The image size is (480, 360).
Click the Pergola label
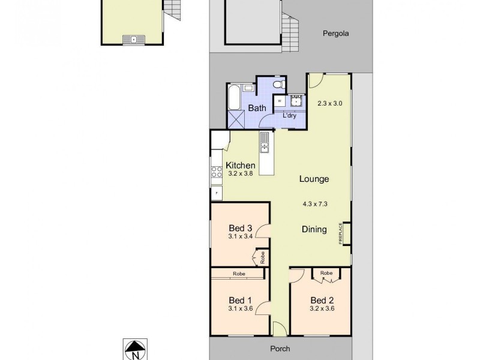pos(334,34)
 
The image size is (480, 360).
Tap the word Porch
pos(280,349)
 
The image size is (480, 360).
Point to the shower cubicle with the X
pos(235,119)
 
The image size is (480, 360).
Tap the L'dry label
pos(289,115)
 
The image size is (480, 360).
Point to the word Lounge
pos(314,179)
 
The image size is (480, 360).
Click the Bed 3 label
pos(240,228)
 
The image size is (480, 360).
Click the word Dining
pos(314,229)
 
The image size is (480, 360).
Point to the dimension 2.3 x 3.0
pos(329,103)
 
